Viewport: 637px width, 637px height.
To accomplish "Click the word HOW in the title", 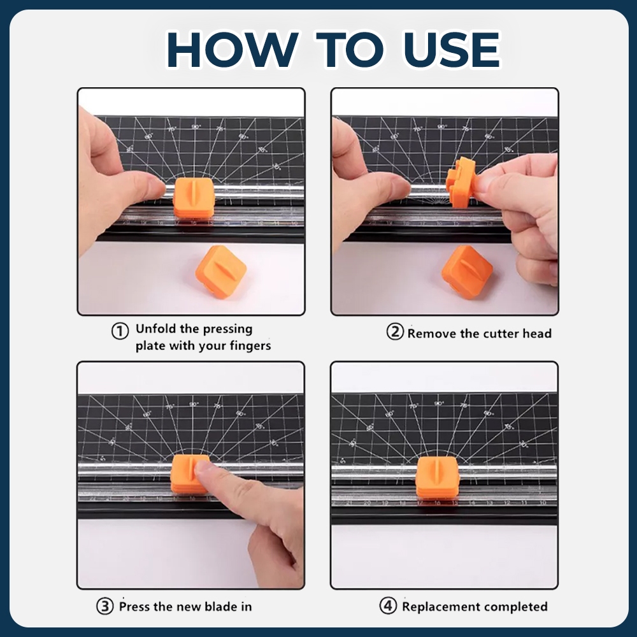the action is click(232, 49).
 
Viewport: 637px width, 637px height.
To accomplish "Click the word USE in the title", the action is click(452, 49).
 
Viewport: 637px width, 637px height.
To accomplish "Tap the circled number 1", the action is click(120, 331).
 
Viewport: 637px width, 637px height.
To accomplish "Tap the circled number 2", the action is click(395, 332).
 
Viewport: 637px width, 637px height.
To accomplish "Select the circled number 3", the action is click(105, 606).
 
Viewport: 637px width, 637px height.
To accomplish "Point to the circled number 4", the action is click(388, 606).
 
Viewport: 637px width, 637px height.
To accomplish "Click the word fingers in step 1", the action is click(250, 346).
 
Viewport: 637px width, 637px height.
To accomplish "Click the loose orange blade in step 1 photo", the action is click(220, 272).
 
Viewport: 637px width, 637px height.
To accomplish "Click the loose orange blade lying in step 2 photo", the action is click(467, 272).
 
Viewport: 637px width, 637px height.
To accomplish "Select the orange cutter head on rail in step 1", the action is click(194, 198).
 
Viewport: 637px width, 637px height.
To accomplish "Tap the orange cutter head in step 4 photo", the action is click(437, 477).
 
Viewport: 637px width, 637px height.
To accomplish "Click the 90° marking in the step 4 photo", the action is click(439, 404).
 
